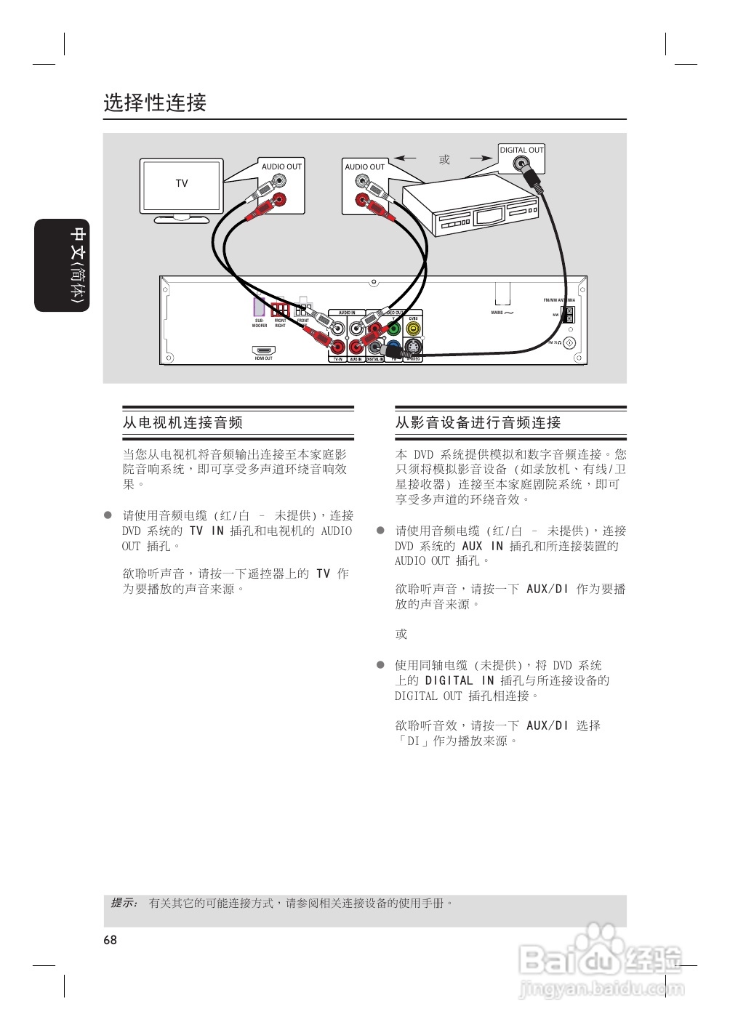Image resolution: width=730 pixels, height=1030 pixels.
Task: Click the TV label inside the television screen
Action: (x=182, y=184)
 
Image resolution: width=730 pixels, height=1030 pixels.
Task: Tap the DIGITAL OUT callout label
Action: (x=521, y=150)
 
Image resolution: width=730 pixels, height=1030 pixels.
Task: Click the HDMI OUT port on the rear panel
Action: (x=263, y=350)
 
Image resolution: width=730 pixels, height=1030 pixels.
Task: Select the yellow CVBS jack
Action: (x=413, y=328)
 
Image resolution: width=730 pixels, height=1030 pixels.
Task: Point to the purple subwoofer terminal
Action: (x=260, y=307)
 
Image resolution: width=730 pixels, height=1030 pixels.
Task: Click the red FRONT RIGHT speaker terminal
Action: (x=280, y=309)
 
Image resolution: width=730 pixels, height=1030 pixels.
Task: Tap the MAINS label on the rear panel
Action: (x=497, y=313)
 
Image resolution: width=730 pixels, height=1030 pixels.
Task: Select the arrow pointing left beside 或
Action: (x=405, y=158)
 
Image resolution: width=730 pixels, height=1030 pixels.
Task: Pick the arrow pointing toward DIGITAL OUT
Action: (x=481, y=158)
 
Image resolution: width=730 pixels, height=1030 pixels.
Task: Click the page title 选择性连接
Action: (x=155, y=102)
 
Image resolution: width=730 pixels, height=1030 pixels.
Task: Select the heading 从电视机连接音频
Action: (x=182, y=422)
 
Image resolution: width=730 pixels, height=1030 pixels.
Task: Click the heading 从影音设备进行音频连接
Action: (x=478, y=422)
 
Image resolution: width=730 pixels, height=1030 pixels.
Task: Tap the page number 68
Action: (x=110, y=940)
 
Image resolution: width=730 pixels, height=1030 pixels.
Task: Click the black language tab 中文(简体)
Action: (x=62, y=265)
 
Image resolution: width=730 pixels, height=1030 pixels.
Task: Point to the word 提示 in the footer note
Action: (x=124, y=903)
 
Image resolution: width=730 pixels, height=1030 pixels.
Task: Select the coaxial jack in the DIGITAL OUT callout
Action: (x=521, y=164)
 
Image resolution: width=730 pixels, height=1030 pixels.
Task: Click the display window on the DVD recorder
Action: (x=489, y=216)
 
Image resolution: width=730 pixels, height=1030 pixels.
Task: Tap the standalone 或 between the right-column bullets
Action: (x=401, y=634)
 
